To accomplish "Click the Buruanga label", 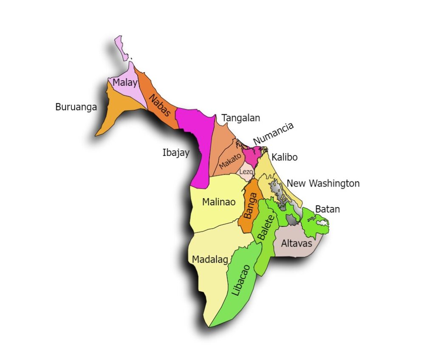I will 76,107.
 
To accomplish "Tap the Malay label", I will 125,83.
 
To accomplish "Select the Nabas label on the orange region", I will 160,105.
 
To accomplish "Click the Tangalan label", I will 240,118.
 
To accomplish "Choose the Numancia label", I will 273,133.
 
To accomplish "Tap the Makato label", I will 230,161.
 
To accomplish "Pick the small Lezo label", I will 246,172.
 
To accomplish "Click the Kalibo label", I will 285,157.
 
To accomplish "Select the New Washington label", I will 323,184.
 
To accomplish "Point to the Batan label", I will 328,209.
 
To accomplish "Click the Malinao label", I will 219,202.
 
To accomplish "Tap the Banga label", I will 252,206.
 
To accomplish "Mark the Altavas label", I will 297,244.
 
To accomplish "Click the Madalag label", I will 210,259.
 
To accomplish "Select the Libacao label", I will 241,280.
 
